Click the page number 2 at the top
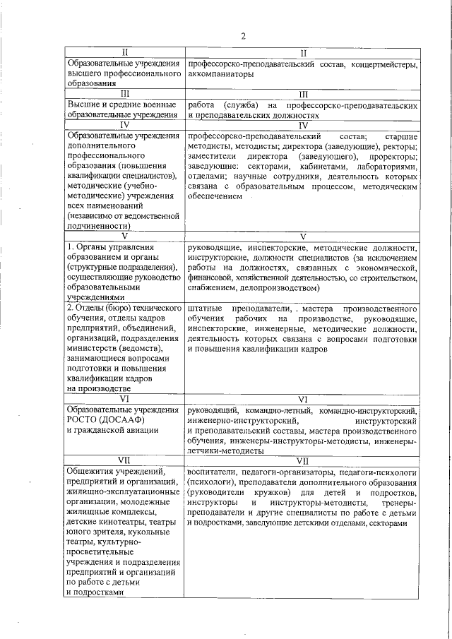tap(243, 37)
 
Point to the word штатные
tap(205, 309)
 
